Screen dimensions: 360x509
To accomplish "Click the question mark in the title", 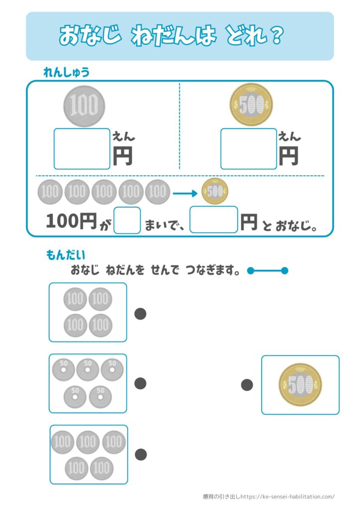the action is pyautogui.click(x=277, y=35).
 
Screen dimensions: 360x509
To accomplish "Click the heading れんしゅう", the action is pyautogui.click(x=66, y=72).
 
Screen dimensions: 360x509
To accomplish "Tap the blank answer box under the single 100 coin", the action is pyautogui.click(x=82, y=149).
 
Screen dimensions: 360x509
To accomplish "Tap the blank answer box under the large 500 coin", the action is pyautogui.click(x=249, y=149).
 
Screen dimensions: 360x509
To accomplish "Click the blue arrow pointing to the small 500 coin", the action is pyautogui.click(x=185, y=193).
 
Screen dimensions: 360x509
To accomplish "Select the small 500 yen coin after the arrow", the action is pyautogui.click(x=215, y=191).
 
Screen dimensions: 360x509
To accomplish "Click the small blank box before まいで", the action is pyautogui.click(x=127, y=220).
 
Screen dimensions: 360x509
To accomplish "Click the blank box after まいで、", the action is pyautogui.click(x=214, y=220).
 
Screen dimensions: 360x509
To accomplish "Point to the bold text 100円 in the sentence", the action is pyautogui.click(x=72, y=221).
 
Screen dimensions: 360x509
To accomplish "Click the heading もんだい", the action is pyautogui.click(x=66, y=255).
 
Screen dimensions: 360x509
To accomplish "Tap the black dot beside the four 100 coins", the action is pyautogui.click(x=140, y=314).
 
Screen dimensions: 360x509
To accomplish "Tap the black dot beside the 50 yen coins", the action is pyautogui.click(x=140, y=383).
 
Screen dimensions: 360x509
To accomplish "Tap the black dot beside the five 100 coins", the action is pyautogui.click(x=141, y=454).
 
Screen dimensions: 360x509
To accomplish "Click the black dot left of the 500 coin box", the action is pyautogui.click(x=247, y=385).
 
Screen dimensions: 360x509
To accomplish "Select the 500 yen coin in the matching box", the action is pyautogui.click(x=300, y=385).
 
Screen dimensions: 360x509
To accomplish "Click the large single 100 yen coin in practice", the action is pyautogui.click(x=84, y=106).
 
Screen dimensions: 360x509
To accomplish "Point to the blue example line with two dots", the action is pyautogui.click(x=268, y=271).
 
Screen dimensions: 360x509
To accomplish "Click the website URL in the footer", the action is pyautogui.click(x=287, y=497).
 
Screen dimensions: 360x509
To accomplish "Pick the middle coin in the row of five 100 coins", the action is pyautogui.click(x=103, y=191).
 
